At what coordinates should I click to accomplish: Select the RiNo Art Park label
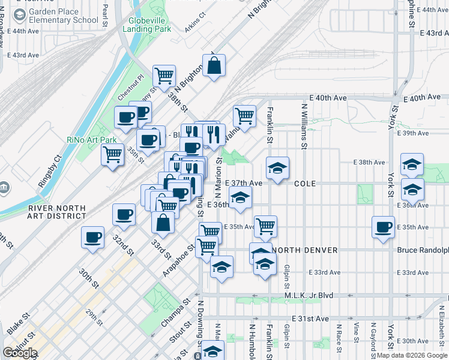tap(91, 140)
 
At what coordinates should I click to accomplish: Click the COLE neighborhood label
tap(305, 183)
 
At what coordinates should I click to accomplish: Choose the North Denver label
tap(304, 250)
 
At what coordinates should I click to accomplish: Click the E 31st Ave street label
tap(311, 318)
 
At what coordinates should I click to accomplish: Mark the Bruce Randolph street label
tap(423, 250)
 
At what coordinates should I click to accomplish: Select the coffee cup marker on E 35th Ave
tap(384, 227)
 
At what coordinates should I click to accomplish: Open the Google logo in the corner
tap(20, 353)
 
